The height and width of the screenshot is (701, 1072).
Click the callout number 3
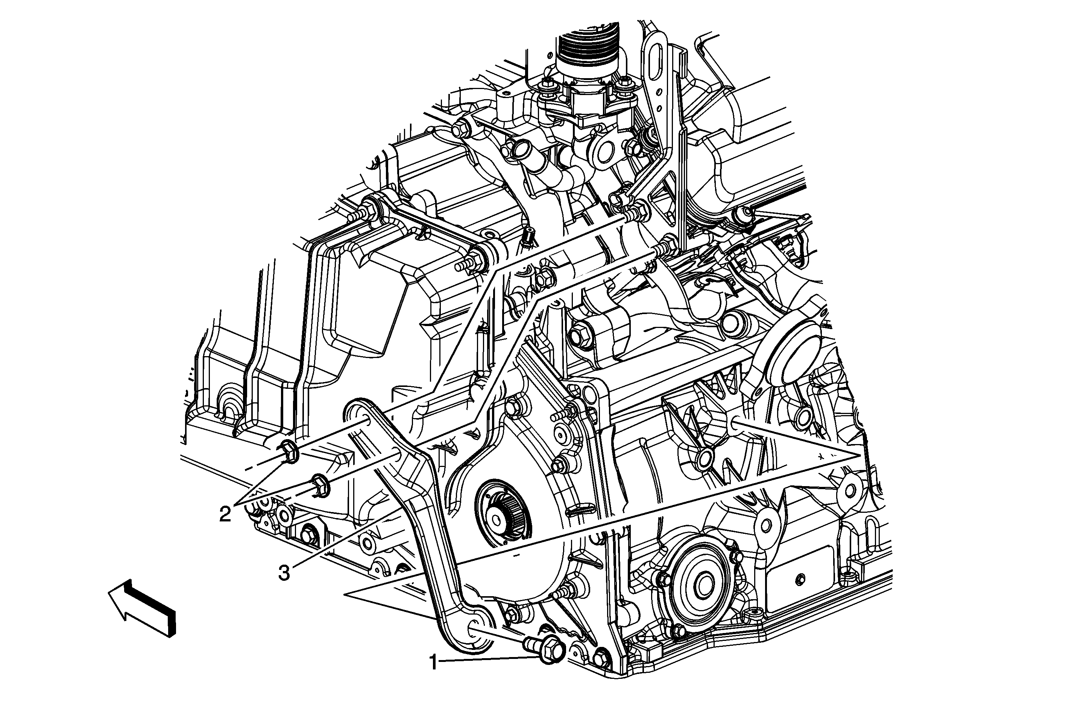(x=284, y=573)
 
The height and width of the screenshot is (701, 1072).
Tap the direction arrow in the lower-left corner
(x=142, y=606)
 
